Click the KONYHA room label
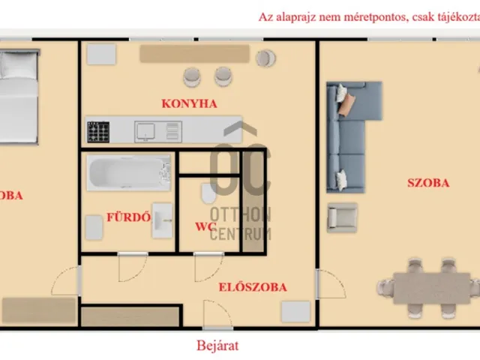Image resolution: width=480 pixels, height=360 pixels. pos(189,104)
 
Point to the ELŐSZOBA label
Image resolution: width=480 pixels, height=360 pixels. pos(253,286)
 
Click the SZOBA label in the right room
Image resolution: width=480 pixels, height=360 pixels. pos(427,182)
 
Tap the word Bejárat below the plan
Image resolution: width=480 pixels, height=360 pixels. pos(217,346)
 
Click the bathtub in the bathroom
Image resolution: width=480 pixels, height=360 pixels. pos(127,173)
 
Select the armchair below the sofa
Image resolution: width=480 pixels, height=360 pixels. pos(342,217)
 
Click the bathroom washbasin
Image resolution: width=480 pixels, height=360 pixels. pos(162,220)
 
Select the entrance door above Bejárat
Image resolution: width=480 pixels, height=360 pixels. pos(210,315)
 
